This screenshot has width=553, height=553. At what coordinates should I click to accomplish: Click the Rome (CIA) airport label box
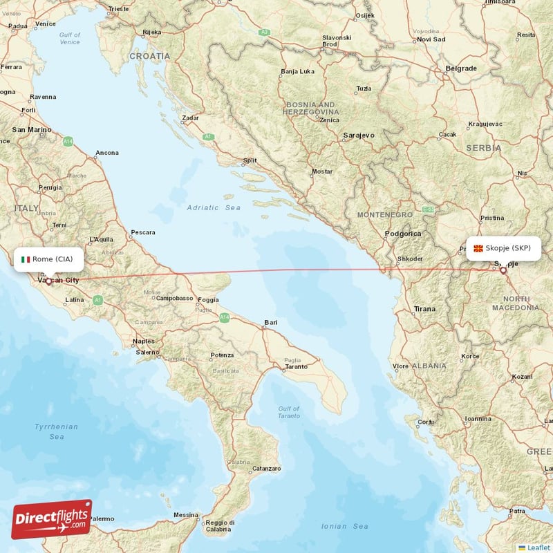tap(48, 259)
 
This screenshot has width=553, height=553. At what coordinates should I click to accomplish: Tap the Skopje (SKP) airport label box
tap(503, 248)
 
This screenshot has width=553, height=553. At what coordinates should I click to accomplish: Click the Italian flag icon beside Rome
tap(26, 259)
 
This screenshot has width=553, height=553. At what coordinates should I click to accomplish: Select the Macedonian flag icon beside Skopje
tap(478, 248)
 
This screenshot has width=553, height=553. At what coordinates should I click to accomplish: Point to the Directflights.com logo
tap(52, 519)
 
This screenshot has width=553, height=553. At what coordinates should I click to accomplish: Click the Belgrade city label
tap(461, 68)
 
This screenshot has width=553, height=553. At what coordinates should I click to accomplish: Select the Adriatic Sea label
tap(214, 207)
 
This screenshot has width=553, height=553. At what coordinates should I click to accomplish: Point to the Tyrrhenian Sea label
tap(56, 431)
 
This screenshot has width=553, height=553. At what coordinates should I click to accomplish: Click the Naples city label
tap(144, 341)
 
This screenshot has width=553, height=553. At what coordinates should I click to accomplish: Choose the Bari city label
tap(270, 322)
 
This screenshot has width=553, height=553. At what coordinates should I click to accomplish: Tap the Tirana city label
tap(424, 308)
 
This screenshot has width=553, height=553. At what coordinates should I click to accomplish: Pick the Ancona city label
tap(107, 153)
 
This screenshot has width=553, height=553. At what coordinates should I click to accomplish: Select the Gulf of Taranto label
tap(288, 412)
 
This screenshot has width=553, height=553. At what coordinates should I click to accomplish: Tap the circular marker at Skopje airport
tap(503, 271)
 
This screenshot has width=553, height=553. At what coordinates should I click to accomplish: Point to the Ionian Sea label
tap(345, 526)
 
